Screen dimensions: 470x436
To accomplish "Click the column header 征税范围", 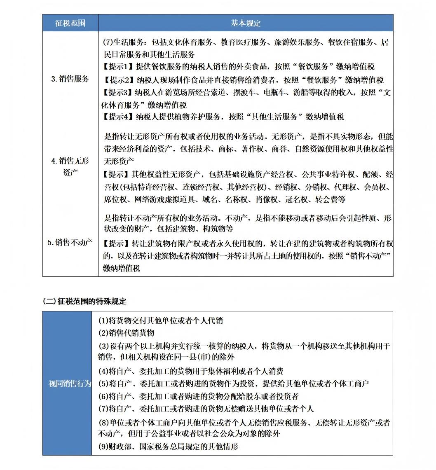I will click(70, 23).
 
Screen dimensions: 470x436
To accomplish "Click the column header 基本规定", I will click(246, 23).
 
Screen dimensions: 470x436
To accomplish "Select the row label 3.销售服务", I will click(70, 79).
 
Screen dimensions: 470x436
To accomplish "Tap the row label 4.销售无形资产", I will click(70, 166).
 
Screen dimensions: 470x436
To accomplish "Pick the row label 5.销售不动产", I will click(70, 242).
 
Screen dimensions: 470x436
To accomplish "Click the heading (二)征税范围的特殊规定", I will click(84, 301).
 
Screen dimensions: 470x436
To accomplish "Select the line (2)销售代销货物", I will click(126, 333).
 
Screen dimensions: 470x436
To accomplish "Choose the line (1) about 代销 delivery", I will click(160, 320).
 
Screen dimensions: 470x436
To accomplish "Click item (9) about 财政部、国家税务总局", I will click(168, 446).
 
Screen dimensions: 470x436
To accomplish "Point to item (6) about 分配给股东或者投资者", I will click(198, 396).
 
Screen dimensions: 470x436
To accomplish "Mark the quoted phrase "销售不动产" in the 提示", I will click(370, 256).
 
